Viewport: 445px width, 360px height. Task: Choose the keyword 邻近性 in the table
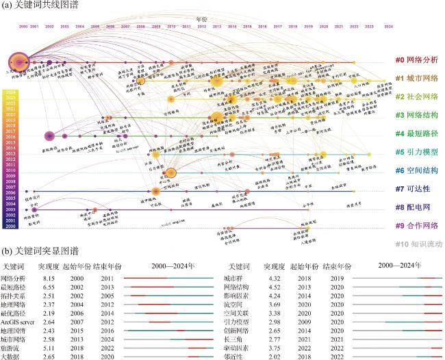(236, 356)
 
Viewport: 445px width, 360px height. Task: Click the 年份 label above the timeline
(201, 21)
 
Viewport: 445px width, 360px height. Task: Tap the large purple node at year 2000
(18, 61)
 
